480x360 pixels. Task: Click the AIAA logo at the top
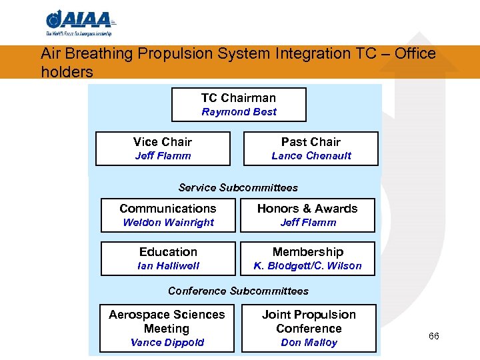pyautogui.click(x=79, y=22)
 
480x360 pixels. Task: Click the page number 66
pyautogui.click(x=433, y=336)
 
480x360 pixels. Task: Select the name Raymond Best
pyautogui.click(x=239, y=112)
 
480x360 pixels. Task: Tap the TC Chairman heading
pyautogui.click(x=239, y=97)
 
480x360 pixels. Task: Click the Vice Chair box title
pyautogui.click(x=163, y=141)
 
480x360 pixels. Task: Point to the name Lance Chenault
pyautogui.click(x=311, y=156)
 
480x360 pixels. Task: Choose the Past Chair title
pyautogui.click(x=311, y=141)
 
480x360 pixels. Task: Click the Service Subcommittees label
pyautogui.click(x=238, y=188)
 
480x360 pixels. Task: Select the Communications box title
pyautogui.click(x=168, y=209)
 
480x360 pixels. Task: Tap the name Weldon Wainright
pyautogui.click(x=168, y=223)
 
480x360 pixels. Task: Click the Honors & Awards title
pyautogui.click(x=307, y=209)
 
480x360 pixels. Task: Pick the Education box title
pyautogui.click(x=168, y=252)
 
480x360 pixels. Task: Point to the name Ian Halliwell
pyautogui.click(x=168, y=266)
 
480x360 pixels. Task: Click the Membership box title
pyautogui.click(x=307, y=252)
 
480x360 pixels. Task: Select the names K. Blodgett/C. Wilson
pyautogui.click(x=307, y=266)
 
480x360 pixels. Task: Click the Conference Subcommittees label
pyautogui.click(x=238, y=291)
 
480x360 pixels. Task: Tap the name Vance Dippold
pyautogui.click(x=167, y=343)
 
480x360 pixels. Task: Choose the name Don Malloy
pyautogui.click(x=309, y=343)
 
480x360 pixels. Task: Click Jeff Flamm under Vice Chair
pyautogui.click(x=163, y=156)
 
